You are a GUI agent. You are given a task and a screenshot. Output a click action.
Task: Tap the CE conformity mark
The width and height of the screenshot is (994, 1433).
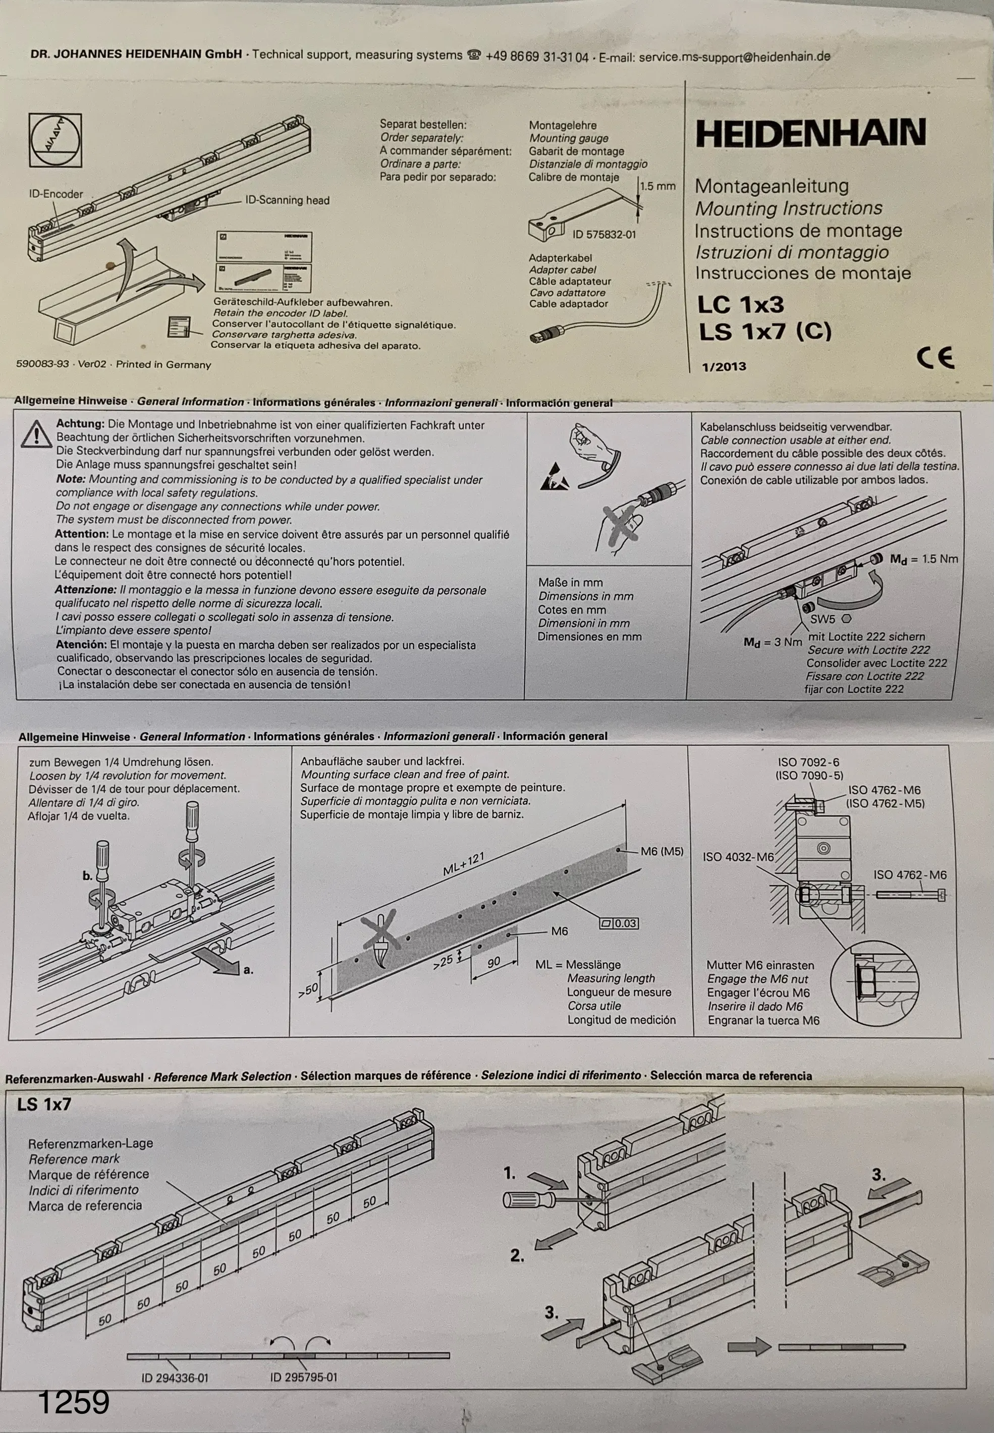(935, 357)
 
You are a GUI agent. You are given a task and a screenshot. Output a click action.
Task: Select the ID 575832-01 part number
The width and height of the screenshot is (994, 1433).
(604, 234)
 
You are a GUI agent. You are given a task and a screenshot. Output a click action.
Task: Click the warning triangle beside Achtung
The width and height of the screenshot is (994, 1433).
(36, 433)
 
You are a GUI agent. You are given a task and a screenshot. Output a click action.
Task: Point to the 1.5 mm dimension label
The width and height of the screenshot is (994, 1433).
(657, 186)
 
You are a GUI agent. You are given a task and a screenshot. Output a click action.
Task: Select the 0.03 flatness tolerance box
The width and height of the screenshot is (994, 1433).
(619, 923)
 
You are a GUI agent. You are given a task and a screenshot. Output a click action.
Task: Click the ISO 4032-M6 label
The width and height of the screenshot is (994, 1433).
(738, 857)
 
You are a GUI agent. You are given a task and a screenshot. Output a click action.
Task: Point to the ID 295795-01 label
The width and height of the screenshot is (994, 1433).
(303, 1377)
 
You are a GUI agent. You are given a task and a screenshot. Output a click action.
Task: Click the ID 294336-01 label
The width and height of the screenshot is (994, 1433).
(175, 1377)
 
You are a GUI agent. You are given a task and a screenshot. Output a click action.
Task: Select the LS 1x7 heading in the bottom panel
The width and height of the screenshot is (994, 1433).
(44, 1104)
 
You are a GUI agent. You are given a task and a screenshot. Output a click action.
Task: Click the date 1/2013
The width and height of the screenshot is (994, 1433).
(724, 366)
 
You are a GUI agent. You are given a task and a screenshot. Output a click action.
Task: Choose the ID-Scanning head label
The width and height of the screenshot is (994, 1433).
(287, 200)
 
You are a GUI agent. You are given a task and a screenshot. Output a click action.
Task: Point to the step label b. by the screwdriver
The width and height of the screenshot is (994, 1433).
(87, 875)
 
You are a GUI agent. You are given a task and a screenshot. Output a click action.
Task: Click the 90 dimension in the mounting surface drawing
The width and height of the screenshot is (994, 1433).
(493, 963)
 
